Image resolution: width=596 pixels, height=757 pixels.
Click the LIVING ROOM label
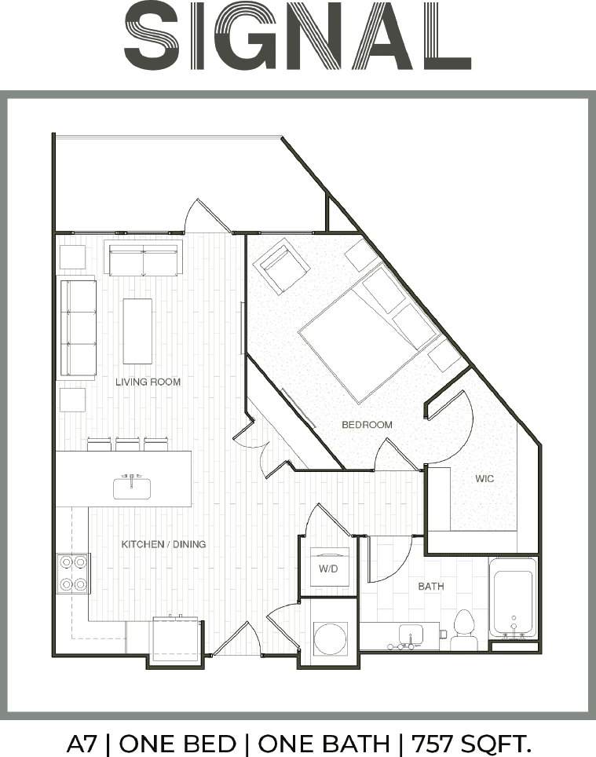(x=148, y=382)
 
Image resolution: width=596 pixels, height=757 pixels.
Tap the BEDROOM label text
(x=367, y=425)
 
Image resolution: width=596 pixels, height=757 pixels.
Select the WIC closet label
(x=484, y=478)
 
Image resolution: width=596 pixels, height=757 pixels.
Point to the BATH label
(x=430, y=586)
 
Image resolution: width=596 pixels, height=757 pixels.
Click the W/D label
(x=327, y=569)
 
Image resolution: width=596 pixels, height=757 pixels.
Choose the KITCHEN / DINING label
(x=163, y=543)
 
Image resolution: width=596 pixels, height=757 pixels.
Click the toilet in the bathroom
(x=464, y=631)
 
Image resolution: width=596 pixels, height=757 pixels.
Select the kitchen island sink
(x=132, y=488)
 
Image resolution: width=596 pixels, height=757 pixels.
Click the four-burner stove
(x=73, y=573)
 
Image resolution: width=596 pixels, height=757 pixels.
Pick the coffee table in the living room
(x=137, y=331)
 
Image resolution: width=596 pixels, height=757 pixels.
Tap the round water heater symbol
(x=330, y=638)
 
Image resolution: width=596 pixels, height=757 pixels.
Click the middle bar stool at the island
(x=128, y=444)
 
